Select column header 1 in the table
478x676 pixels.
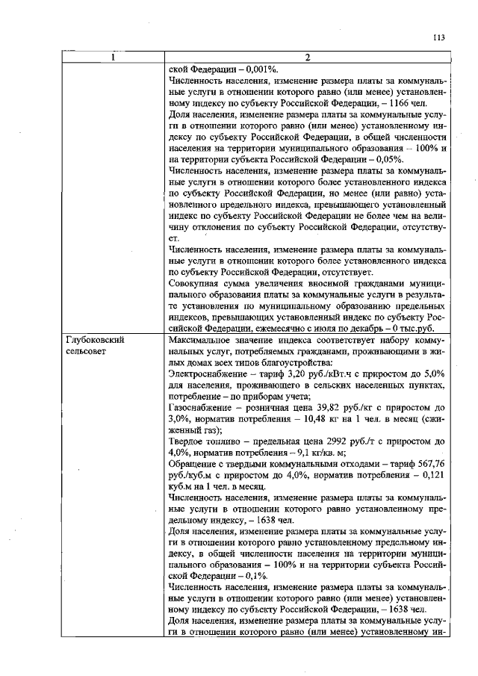114,58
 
